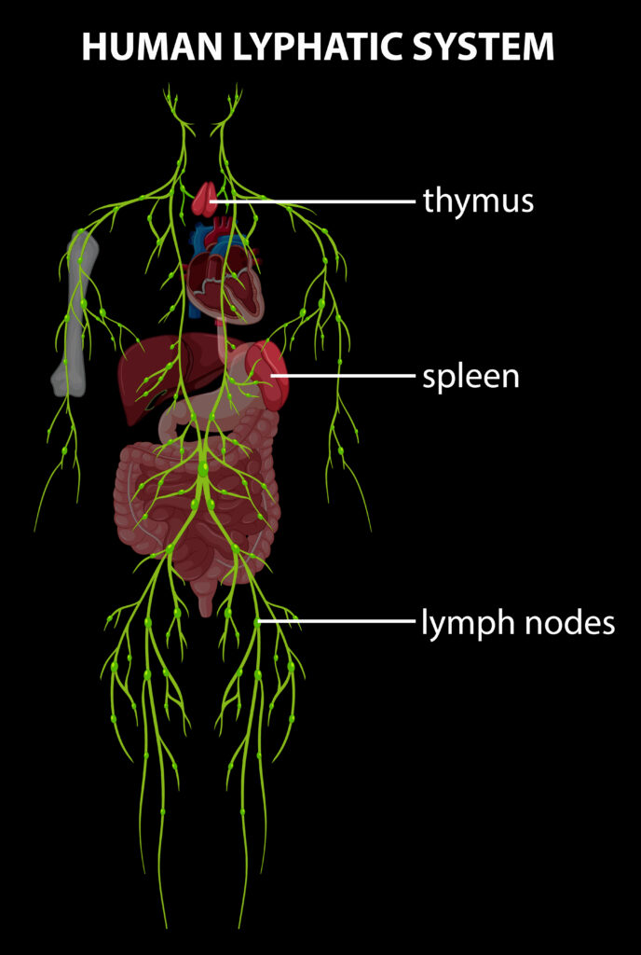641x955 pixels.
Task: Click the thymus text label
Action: (x=478, y=201)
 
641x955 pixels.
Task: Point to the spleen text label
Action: (x=471, y=378)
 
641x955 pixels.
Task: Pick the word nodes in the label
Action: (x=570, y=623)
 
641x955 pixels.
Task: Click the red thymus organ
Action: (x=204, y=200)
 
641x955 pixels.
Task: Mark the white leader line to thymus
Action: (x=317, y=200)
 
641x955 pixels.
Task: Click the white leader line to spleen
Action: (x=345, y=376)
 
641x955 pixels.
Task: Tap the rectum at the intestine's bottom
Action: (x=206, y=597)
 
